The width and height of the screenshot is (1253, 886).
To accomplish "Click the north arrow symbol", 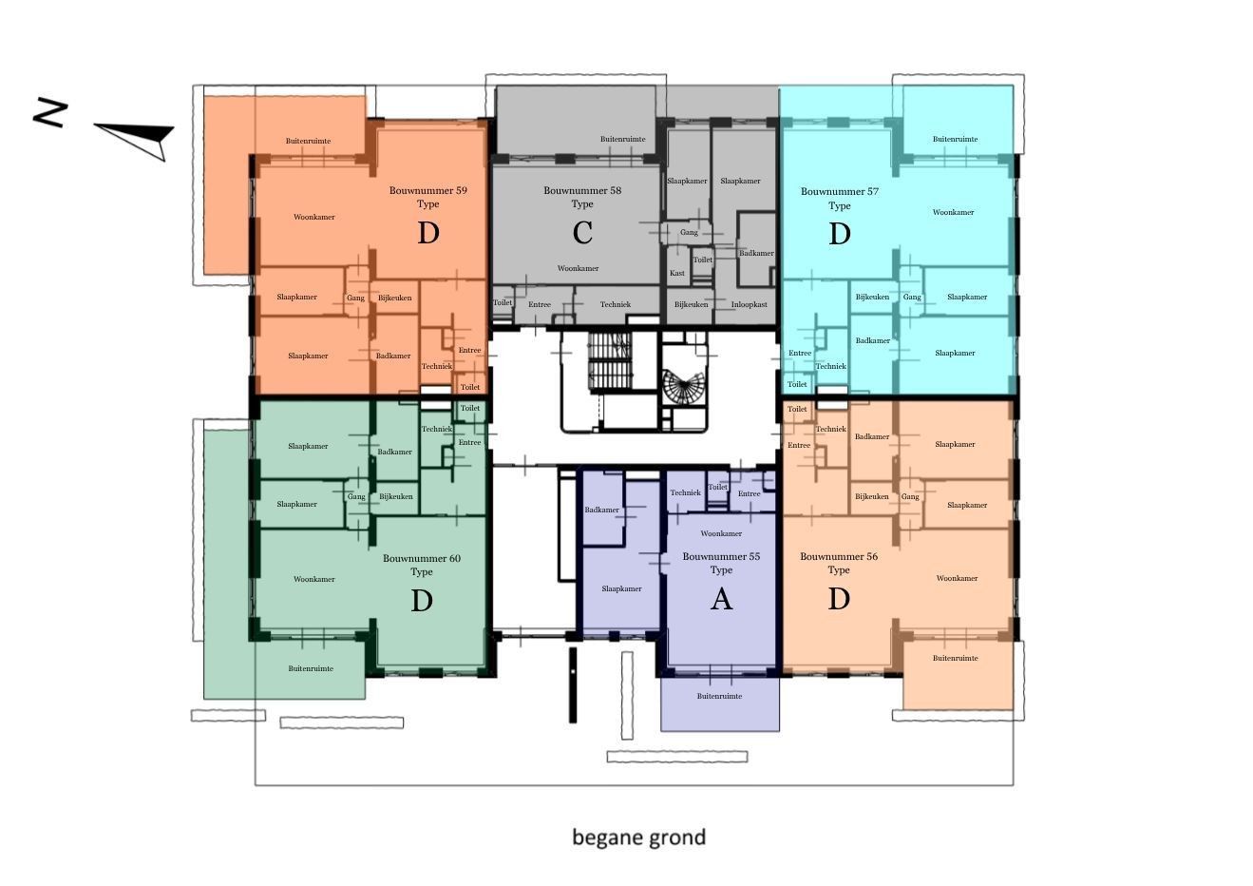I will tap(138, 137).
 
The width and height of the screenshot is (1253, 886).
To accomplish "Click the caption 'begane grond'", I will tap(638, 838).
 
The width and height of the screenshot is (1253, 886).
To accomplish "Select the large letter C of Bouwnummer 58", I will tap(582, 233).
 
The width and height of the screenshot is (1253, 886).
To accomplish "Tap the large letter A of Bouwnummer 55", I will tap(721, 600).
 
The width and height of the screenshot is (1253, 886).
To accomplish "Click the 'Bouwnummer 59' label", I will tap(427, 190).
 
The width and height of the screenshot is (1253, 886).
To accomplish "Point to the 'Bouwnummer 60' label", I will tap(421, 558).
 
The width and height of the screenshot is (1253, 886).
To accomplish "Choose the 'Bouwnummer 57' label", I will tap(839, 191).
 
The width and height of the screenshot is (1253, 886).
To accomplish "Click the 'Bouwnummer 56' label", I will tap(838, 557).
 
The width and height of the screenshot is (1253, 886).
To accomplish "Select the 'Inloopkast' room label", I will tap(749, 305).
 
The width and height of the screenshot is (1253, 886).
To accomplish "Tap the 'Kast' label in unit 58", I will tap(676, 273).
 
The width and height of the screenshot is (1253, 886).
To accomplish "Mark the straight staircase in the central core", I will tap(610, 360).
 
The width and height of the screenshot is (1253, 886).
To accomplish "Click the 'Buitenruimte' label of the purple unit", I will tap(719, 696).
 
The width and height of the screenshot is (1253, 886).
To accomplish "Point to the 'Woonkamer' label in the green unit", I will tap(313, 579).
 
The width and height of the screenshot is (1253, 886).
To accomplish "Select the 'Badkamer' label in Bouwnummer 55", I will tap(601, 510).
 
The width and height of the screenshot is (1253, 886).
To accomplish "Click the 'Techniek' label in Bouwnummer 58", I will tap(615, 304).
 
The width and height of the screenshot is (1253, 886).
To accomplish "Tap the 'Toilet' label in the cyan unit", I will tap(797, 384).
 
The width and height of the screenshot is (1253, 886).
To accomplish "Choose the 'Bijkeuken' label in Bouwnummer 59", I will tap(394, 298).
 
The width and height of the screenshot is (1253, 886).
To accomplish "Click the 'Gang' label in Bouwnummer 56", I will tap(909, 496).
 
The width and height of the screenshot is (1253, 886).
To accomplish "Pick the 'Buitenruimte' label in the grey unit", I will tap(622, 139).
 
